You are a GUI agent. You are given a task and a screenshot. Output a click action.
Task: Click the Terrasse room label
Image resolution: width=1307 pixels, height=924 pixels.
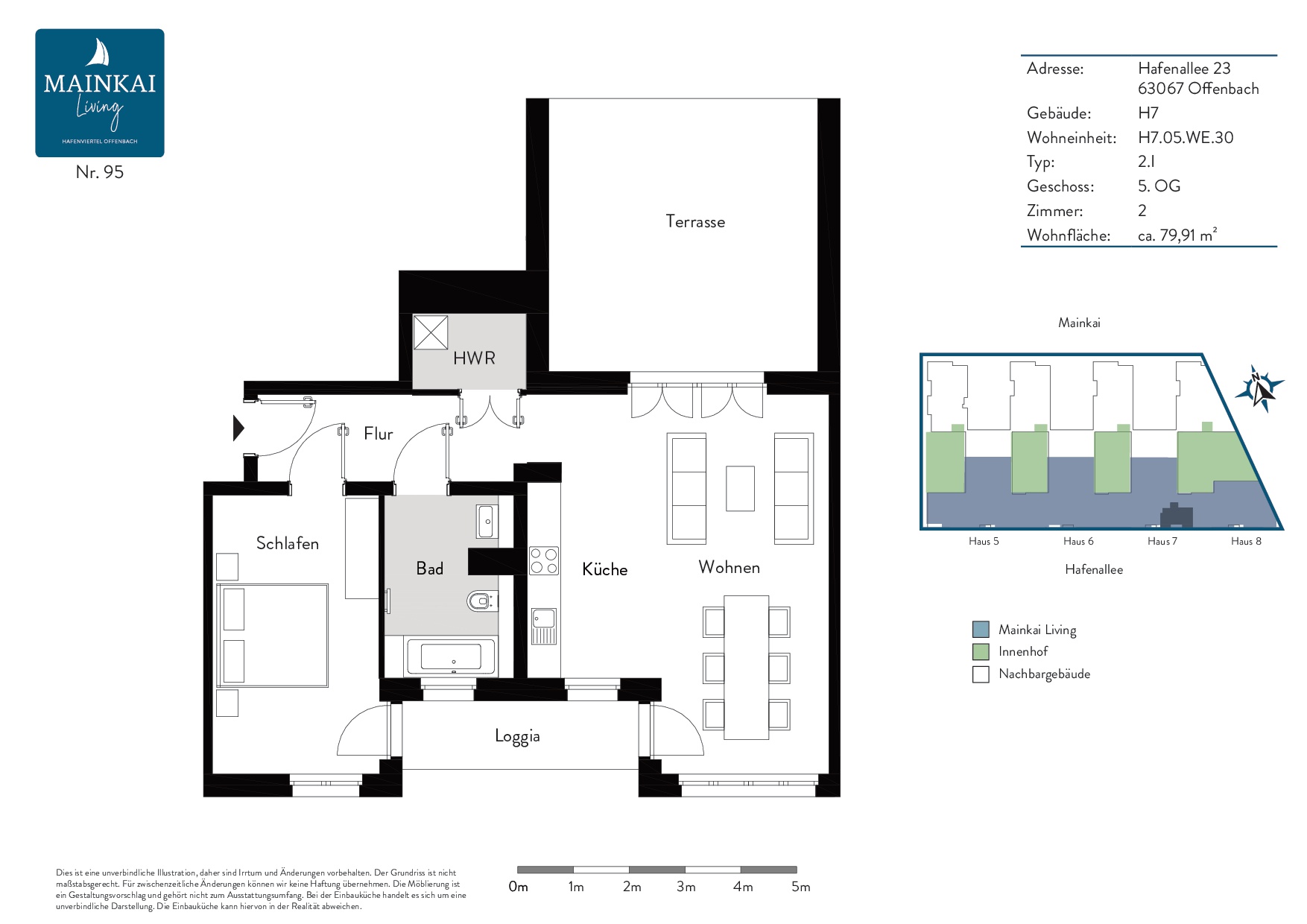(695, 221)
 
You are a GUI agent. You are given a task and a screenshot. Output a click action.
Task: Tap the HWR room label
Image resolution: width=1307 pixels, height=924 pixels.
(474, 358)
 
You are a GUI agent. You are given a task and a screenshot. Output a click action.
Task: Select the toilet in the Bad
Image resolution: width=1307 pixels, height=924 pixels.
(482, 601)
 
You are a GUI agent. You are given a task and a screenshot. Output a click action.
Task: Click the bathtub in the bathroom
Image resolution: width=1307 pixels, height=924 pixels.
(451, 656)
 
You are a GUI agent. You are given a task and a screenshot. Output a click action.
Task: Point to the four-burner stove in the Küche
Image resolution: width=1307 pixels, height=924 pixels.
(544, 561)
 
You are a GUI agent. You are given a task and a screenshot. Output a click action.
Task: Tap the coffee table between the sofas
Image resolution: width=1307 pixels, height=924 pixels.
(740, 488)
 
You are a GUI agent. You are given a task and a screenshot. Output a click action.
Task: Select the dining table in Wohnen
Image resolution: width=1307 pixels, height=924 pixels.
(746, 667)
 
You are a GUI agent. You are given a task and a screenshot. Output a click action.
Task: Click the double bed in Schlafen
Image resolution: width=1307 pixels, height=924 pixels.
(272, 636)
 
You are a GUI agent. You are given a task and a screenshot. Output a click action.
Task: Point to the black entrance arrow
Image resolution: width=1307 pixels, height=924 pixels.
(238, 428)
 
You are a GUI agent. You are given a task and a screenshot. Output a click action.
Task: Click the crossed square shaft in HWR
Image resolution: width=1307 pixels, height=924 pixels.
(431, 332)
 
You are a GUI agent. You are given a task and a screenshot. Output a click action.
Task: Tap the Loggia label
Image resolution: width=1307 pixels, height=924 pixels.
(517, 736)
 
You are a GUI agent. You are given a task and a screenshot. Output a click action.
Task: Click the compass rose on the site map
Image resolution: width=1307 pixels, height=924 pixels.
(1259, 389)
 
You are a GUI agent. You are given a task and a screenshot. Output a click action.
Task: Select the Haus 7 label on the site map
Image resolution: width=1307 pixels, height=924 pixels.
(1162, 541)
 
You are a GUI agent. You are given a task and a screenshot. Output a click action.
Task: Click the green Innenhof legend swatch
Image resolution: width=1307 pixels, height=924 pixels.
(981, 651)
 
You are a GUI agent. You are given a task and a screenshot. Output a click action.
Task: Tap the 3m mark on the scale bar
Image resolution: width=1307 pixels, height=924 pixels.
(686, 887)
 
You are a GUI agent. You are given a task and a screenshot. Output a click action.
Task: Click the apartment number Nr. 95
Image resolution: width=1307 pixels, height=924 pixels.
(100, 172)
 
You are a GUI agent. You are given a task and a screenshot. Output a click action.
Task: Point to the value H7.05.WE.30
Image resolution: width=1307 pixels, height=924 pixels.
(1186, 137)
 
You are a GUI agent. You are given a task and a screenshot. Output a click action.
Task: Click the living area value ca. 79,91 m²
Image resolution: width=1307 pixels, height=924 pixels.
(1177, 235)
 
